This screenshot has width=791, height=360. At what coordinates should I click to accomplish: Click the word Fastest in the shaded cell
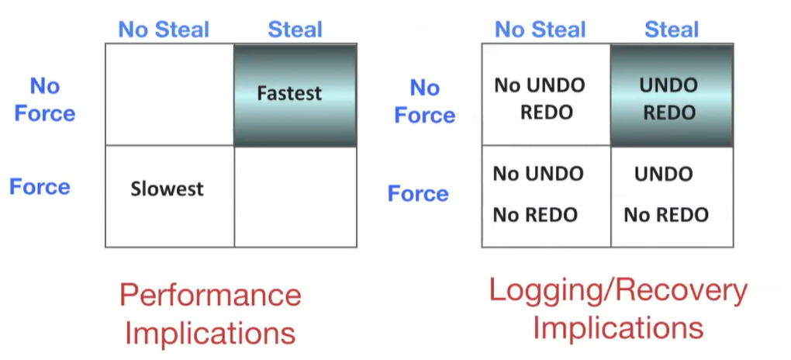pos(289,93)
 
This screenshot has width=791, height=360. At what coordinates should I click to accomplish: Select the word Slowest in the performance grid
pos(167,189)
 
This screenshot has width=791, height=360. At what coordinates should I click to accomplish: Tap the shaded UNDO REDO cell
pos(672,95)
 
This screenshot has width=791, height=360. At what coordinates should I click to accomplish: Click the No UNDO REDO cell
pos(547,95)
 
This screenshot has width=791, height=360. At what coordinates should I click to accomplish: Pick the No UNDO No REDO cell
pos(547,196)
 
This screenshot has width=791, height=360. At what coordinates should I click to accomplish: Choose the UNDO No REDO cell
pos(672,196)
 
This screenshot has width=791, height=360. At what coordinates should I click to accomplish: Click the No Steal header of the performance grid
pos(164,29)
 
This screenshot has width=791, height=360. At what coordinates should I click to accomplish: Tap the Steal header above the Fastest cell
pos(295,29)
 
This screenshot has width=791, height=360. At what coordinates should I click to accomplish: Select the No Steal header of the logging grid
pos(541,29)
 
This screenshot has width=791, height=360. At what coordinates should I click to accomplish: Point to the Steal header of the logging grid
pos(672,29)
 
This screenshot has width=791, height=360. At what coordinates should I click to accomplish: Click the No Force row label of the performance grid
pos(45,99)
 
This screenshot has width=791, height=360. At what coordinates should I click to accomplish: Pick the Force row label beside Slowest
pos(40,187)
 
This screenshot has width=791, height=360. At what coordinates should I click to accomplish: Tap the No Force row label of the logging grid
pos(425,102)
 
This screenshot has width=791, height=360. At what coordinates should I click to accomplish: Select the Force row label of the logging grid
pos(418,193)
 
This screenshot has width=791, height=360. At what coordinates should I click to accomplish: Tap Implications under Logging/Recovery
pos(619,327)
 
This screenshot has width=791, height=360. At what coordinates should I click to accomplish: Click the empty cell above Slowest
pos(170,95)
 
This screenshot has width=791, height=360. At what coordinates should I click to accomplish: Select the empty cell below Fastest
pos(295,196)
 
